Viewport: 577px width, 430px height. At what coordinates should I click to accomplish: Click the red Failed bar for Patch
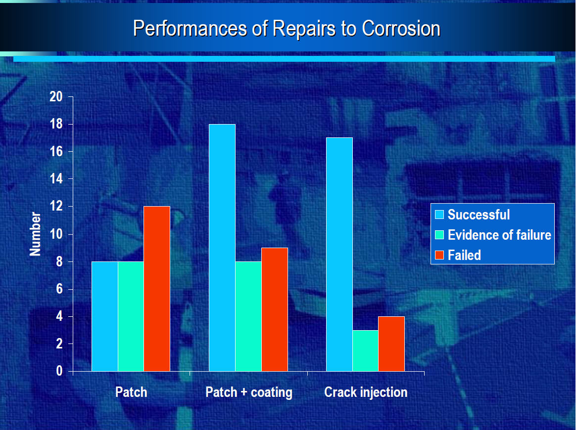(x=157, y=289)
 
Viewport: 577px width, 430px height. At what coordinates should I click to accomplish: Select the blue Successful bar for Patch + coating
(x=222, y=248)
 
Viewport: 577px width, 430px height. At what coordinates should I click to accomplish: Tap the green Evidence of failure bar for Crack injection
(x=365, y=350)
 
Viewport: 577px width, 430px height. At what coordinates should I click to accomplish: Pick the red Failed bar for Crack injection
(x=391, y=344)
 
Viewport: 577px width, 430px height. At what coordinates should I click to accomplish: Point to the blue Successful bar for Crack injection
(x=339, y=255)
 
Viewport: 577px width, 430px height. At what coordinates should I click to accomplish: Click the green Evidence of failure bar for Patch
(x=131, y=316)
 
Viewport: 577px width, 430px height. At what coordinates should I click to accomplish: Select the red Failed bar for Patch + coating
(x=275, y=309)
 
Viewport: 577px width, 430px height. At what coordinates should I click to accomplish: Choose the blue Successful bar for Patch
(x=105, y=316)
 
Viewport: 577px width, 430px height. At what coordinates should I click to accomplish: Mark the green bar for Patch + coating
(x=248, y=316)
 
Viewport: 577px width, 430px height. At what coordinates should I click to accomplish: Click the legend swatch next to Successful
(x=439, y=215)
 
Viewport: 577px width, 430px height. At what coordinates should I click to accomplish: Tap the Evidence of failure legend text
(x=499, y=235)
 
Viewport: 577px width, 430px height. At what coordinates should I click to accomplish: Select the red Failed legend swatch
(x=439, y=255)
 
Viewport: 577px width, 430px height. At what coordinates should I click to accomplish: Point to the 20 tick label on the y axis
(x=56, y=97)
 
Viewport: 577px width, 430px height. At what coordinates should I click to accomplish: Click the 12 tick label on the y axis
(x=56, y=206)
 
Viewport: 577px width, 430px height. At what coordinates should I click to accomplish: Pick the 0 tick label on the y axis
(x=59, y=371)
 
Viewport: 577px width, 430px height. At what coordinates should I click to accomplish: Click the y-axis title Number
(x=35, y=234)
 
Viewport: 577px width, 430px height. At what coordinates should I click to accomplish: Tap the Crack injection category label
(x=366, y=392)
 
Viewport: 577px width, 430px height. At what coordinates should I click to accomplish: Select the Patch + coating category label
(x=249, y=392)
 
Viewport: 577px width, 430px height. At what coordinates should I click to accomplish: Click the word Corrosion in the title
(x=401, y=28)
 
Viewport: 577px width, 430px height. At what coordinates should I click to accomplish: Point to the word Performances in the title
(x=190, y=28)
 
